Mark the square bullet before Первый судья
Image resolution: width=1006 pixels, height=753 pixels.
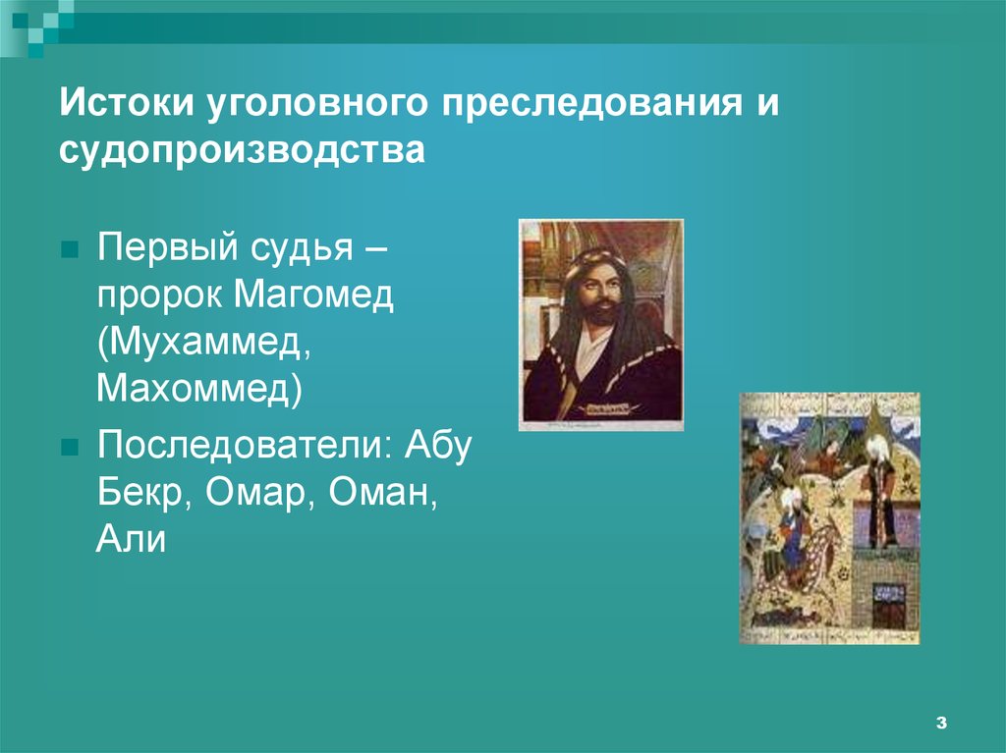[70, 250]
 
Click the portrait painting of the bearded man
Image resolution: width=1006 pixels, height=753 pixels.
[601, 325]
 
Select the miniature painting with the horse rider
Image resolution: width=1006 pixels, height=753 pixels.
[829, 517]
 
